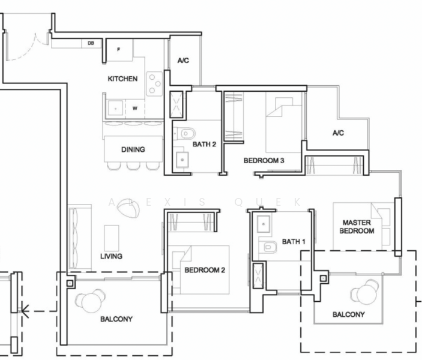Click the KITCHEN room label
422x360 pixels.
122,79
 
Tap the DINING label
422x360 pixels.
133,149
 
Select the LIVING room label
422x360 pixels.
111,256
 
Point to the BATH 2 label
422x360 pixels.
204,145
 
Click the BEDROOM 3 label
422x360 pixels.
264,161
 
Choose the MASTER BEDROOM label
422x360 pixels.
357,227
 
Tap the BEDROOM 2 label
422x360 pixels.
205,270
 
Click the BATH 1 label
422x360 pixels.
294,242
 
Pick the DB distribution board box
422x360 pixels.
91,43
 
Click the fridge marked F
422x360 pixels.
119,50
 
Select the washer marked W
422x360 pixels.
135,109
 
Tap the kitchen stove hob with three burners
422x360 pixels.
154,83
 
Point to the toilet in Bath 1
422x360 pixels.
268,247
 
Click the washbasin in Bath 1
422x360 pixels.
264,224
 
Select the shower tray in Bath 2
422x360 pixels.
176,104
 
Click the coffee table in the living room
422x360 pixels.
112,238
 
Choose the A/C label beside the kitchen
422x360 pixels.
183,61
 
